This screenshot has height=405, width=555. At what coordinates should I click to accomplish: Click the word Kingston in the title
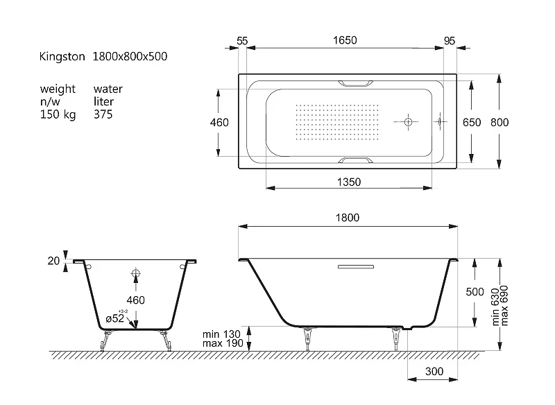point(62,57)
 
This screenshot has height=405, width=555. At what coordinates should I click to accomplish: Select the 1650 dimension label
point(345,40)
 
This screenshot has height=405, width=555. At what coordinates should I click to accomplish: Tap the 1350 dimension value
point(349,182)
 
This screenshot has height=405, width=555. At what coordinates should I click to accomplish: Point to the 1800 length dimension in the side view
point(348,218)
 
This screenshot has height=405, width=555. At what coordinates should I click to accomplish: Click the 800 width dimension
point(499,122)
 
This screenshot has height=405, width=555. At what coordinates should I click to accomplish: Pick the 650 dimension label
point(472,122)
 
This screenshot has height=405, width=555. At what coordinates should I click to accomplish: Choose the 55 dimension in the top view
point(242,41)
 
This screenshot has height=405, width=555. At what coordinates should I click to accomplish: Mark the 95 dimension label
point(449,41)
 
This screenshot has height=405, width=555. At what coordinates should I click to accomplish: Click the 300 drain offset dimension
point(434,372)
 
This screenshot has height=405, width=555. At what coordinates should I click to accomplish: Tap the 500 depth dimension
point(475,292)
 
